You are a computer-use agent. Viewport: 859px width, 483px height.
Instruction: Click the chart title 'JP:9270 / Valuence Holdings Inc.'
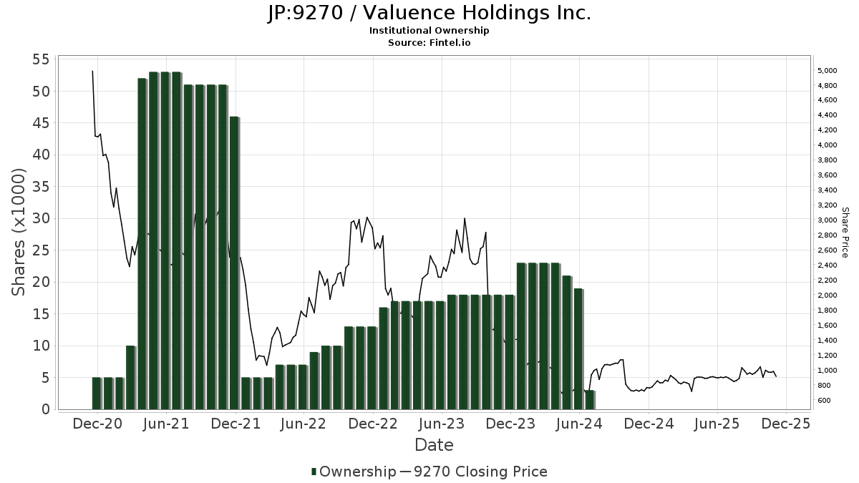pos(429,13)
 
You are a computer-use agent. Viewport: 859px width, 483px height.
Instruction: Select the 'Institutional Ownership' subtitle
pos(429,31)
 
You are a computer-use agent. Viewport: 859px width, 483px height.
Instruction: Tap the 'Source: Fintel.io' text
pos(429,42)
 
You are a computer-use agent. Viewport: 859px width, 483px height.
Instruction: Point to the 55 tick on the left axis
pos(39,59)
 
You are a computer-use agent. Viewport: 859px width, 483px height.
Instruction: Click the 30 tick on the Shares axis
pos(39,218)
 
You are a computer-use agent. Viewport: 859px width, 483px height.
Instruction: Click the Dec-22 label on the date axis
pos(373,424)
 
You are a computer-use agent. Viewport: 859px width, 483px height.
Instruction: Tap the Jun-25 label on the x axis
pos(717,424)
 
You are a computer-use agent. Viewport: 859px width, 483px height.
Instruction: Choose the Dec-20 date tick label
pos(97,424)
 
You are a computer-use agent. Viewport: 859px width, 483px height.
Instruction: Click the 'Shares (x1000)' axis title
pos(19,232)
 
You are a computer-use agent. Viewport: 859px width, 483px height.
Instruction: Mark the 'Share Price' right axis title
pos(845,232)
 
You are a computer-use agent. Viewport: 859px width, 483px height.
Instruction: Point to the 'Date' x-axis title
pos(434,445)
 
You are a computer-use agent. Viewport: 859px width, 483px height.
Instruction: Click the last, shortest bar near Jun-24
pos(590,400)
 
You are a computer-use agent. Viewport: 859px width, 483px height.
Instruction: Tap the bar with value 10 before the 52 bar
pos(130,378)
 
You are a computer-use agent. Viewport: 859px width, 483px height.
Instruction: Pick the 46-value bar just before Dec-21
pos(234,263)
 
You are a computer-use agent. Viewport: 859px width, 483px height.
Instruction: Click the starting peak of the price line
pos(92,71)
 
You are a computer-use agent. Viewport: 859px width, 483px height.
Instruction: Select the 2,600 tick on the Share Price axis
pos(827,250)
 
